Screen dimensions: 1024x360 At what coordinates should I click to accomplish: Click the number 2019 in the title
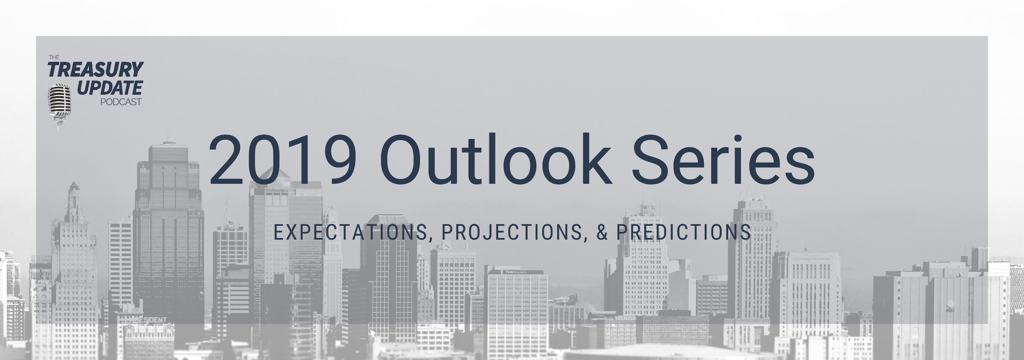click(282, 160)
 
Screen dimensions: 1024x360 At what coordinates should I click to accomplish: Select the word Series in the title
click(724, 160)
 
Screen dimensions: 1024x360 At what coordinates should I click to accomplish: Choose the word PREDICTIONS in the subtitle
click(684, 232)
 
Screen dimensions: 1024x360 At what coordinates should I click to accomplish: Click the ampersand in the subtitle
click(602, 232)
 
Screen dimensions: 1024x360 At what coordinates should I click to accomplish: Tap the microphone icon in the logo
click(60, 105)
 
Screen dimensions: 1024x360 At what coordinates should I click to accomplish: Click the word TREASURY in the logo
click(96, 70)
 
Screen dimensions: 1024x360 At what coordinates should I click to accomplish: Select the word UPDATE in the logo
click(110, 88)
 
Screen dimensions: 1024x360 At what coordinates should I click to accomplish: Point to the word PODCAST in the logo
click(121, 102)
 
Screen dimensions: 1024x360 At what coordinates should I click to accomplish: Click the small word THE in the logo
click(54, 57)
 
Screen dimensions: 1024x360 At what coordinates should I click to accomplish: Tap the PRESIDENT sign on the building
click(147, 319)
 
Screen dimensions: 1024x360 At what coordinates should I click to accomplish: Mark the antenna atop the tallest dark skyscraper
click(168, 140)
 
